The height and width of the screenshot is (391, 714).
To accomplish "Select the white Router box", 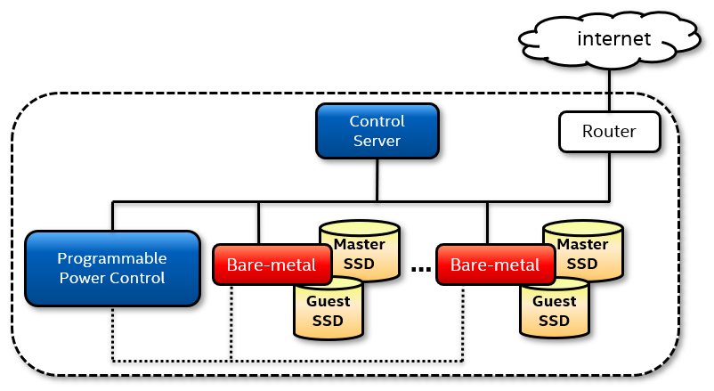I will [x=610, y=131].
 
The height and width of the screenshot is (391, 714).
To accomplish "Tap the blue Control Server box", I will [x=377, y=131].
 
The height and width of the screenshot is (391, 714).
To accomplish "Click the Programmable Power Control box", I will [x=111, y=268].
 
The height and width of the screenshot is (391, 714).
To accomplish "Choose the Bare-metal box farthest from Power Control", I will [x=494, y=265].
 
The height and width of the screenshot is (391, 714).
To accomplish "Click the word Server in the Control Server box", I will [x=377, y=141].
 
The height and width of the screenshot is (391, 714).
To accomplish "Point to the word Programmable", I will [x=111, y=258].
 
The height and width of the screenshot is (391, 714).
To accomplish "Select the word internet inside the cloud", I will [x=614, y=38].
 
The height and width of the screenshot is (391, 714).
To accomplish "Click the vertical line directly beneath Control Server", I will [x=377, y=178].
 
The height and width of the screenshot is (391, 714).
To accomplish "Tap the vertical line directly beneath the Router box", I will [x=610, y=174].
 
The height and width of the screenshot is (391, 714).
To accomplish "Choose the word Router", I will [x=610, y=131].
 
